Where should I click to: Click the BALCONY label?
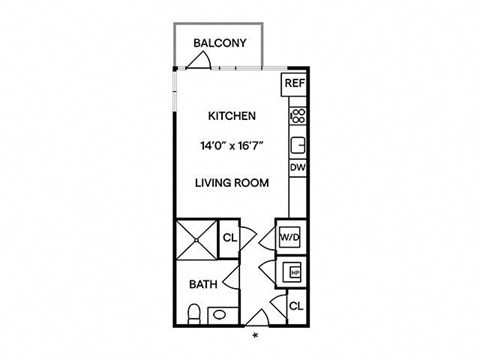pyautogui.click(x=220, y=43)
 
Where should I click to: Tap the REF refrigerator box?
pyautogui.click(x=294, y=84)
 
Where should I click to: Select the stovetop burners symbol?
pyautogui.click(x=298, y=116)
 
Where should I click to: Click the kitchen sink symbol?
pyautogui.click(x=298, y=145)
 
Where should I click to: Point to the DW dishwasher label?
pyautogui.click(x=298, y=167)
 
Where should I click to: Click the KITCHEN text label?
pyautogui.click(x=232, y=116)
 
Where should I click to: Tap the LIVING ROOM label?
pyautogui.click(x=232, y=183)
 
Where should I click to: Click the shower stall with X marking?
pyautogui.click(x=197, y=239)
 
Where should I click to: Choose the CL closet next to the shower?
pyautogui.click(x=229, y=238)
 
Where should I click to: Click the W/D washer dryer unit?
pyautogui.click(x=290, y=238)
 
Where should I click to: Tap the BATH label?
pyautogui.click(x=203, y=284)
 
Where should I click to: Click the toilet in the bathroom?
pyautogui.click(x=194, y=314)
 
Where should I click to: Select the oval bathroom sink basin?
pyautogui.click(x=219, y=314)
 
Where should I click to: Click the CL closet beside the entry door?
pyautogui.click(x=296, y=306)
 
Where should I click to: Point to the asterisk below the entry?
pyautogui.click(x=256, y=335)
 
